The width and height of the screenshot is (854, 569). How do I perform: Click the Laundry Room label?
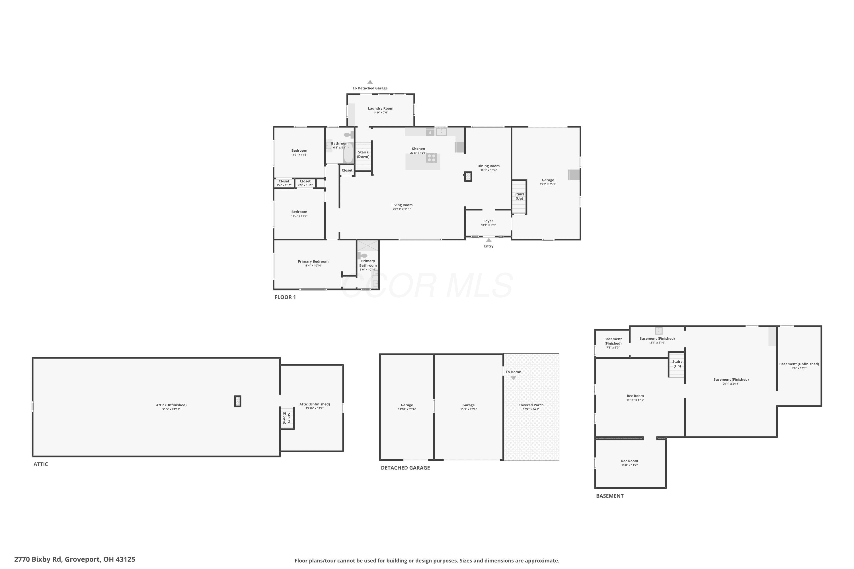click(x=381, y=108)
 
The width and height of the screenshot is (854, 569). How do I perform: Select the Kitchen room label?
click(x=418, y=149)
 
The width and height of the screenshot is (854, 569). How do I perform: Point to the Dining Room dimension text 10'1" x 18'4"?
click(x=488, y=170)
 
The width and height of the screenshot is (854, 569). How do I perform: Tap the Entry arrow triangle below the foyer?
click(x=489, y=240)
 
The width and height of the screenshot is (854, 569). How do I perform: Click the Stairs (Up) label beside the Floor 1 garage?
click(x=519, y=196)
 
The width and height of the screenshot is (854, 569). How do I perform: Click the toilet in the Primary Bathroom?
click(x=362, y=256)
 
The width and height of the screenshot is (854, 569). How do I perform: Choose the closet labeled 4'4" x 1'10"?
click(x=284, y=183)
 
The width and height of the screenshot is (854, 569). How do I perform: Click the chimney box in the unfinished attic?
click(x=238, y=401)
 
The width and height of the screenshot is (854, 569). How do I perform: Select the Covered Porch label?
click(x=531, y=405)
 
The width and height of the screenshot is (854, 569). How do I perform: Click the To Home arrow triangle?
click(x=513, y=378)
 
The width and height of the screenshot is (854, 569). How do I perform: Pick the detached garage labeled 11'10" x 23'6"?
click(x=407, y=407)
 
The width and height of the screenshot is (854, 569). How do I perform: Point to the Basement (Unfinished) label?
click(x=799, y=364)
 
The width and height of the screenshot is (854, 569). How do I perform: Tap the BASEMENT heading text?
click(x=610, y=496)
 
